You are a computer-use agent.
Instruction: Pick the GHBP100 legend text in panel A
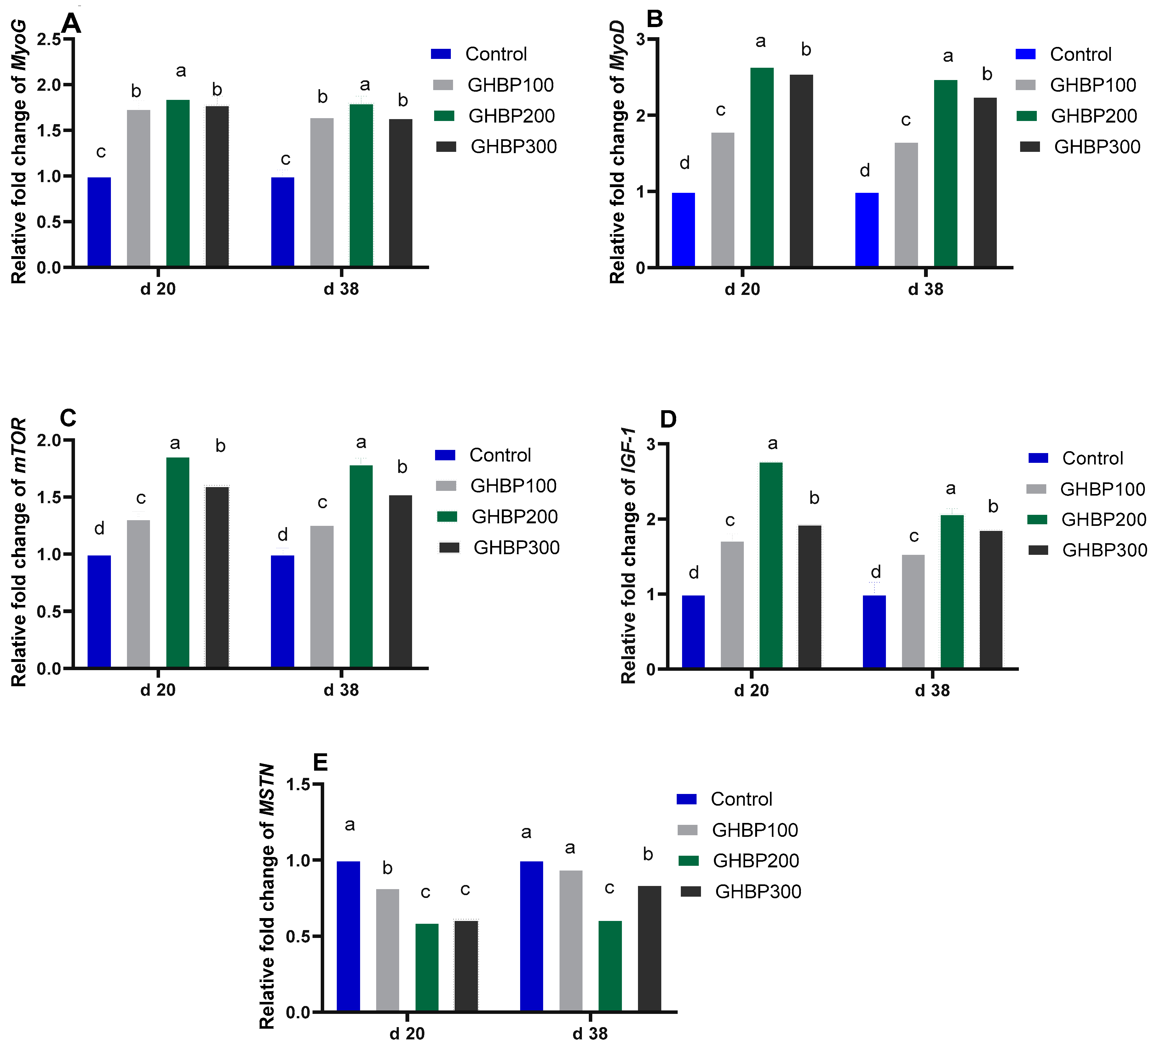tap(510, 85)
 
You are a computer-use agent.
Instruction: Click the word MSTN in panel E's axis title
tap(267, 790)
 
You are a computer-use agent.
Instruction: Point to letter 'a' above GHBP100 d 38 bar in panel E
tap(570, 848)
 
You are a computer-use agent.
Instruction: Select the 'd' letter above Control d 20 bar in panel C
tap(99, 528)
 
